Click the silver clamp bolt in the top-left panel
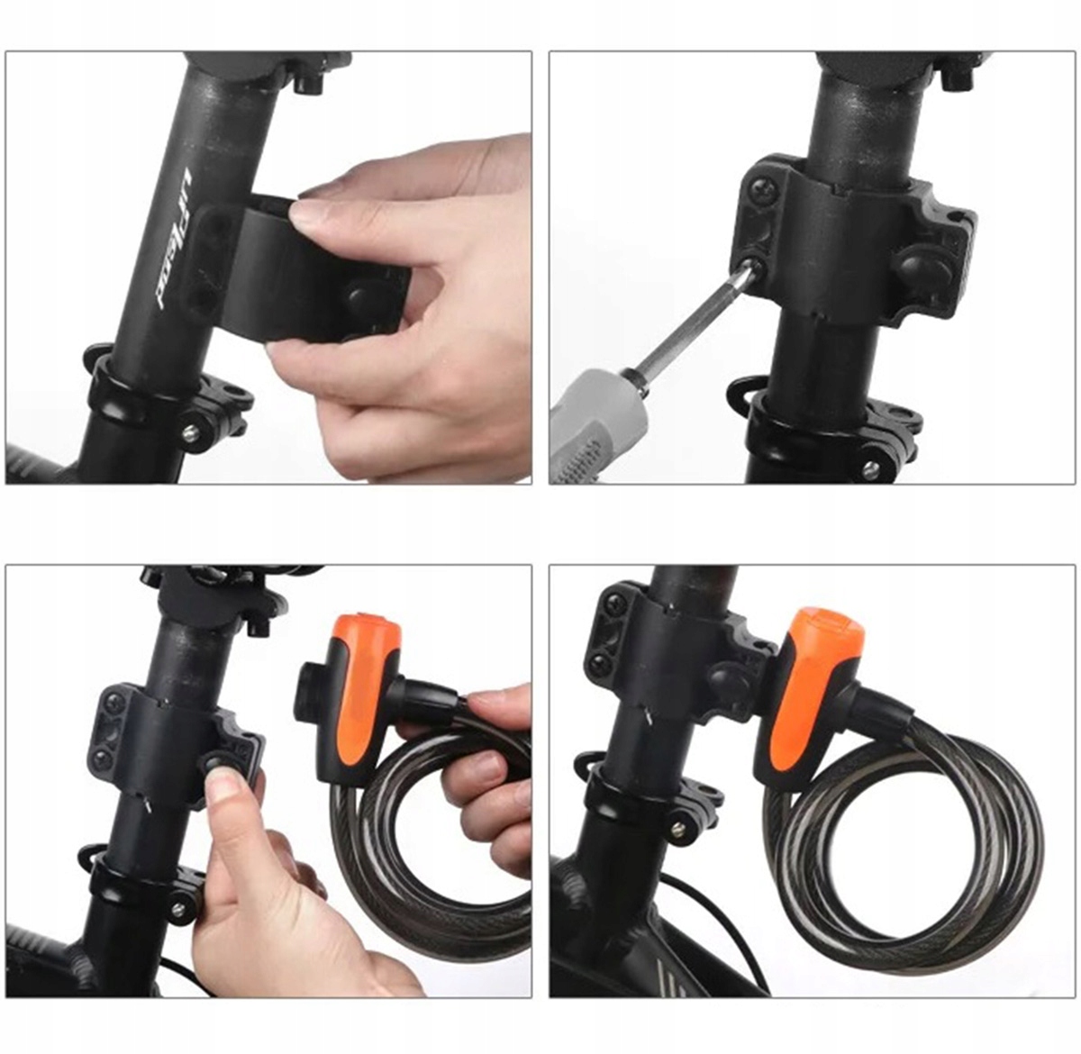[x=192, y=433]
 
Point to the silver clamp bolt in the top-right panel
[x=870, y=469]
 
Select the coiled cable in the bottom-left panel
[x=423, y=865]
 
